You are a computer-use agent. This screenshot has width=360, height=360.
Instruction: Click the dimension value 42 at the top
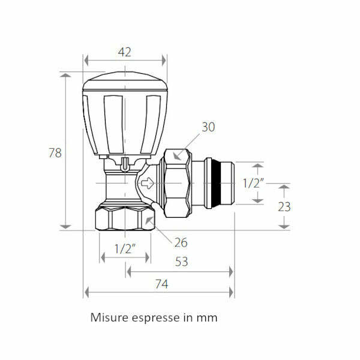[x=124, y=52]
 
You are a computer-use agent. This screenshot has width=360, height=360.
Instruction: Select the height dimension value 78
[x=55, y=153]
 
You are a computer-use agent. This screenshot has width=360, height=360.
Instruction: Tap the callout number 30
[x=208, y=127]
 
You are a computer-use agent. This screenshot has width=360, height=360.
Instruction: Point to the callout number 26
[x=181, y=242]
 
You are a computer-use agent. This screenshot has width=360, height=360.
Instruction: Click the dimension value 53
[x=181, y=262]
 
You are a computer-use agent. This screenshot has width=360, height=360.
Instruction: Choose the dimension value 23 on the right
[x=284, y=206]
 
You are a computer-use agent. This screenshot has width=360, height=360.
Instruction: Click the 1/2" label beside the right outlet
[x=253, y=183]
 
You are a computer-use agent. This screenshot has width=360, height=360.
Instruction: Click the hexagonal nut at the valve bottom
[x=125, y=219]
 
